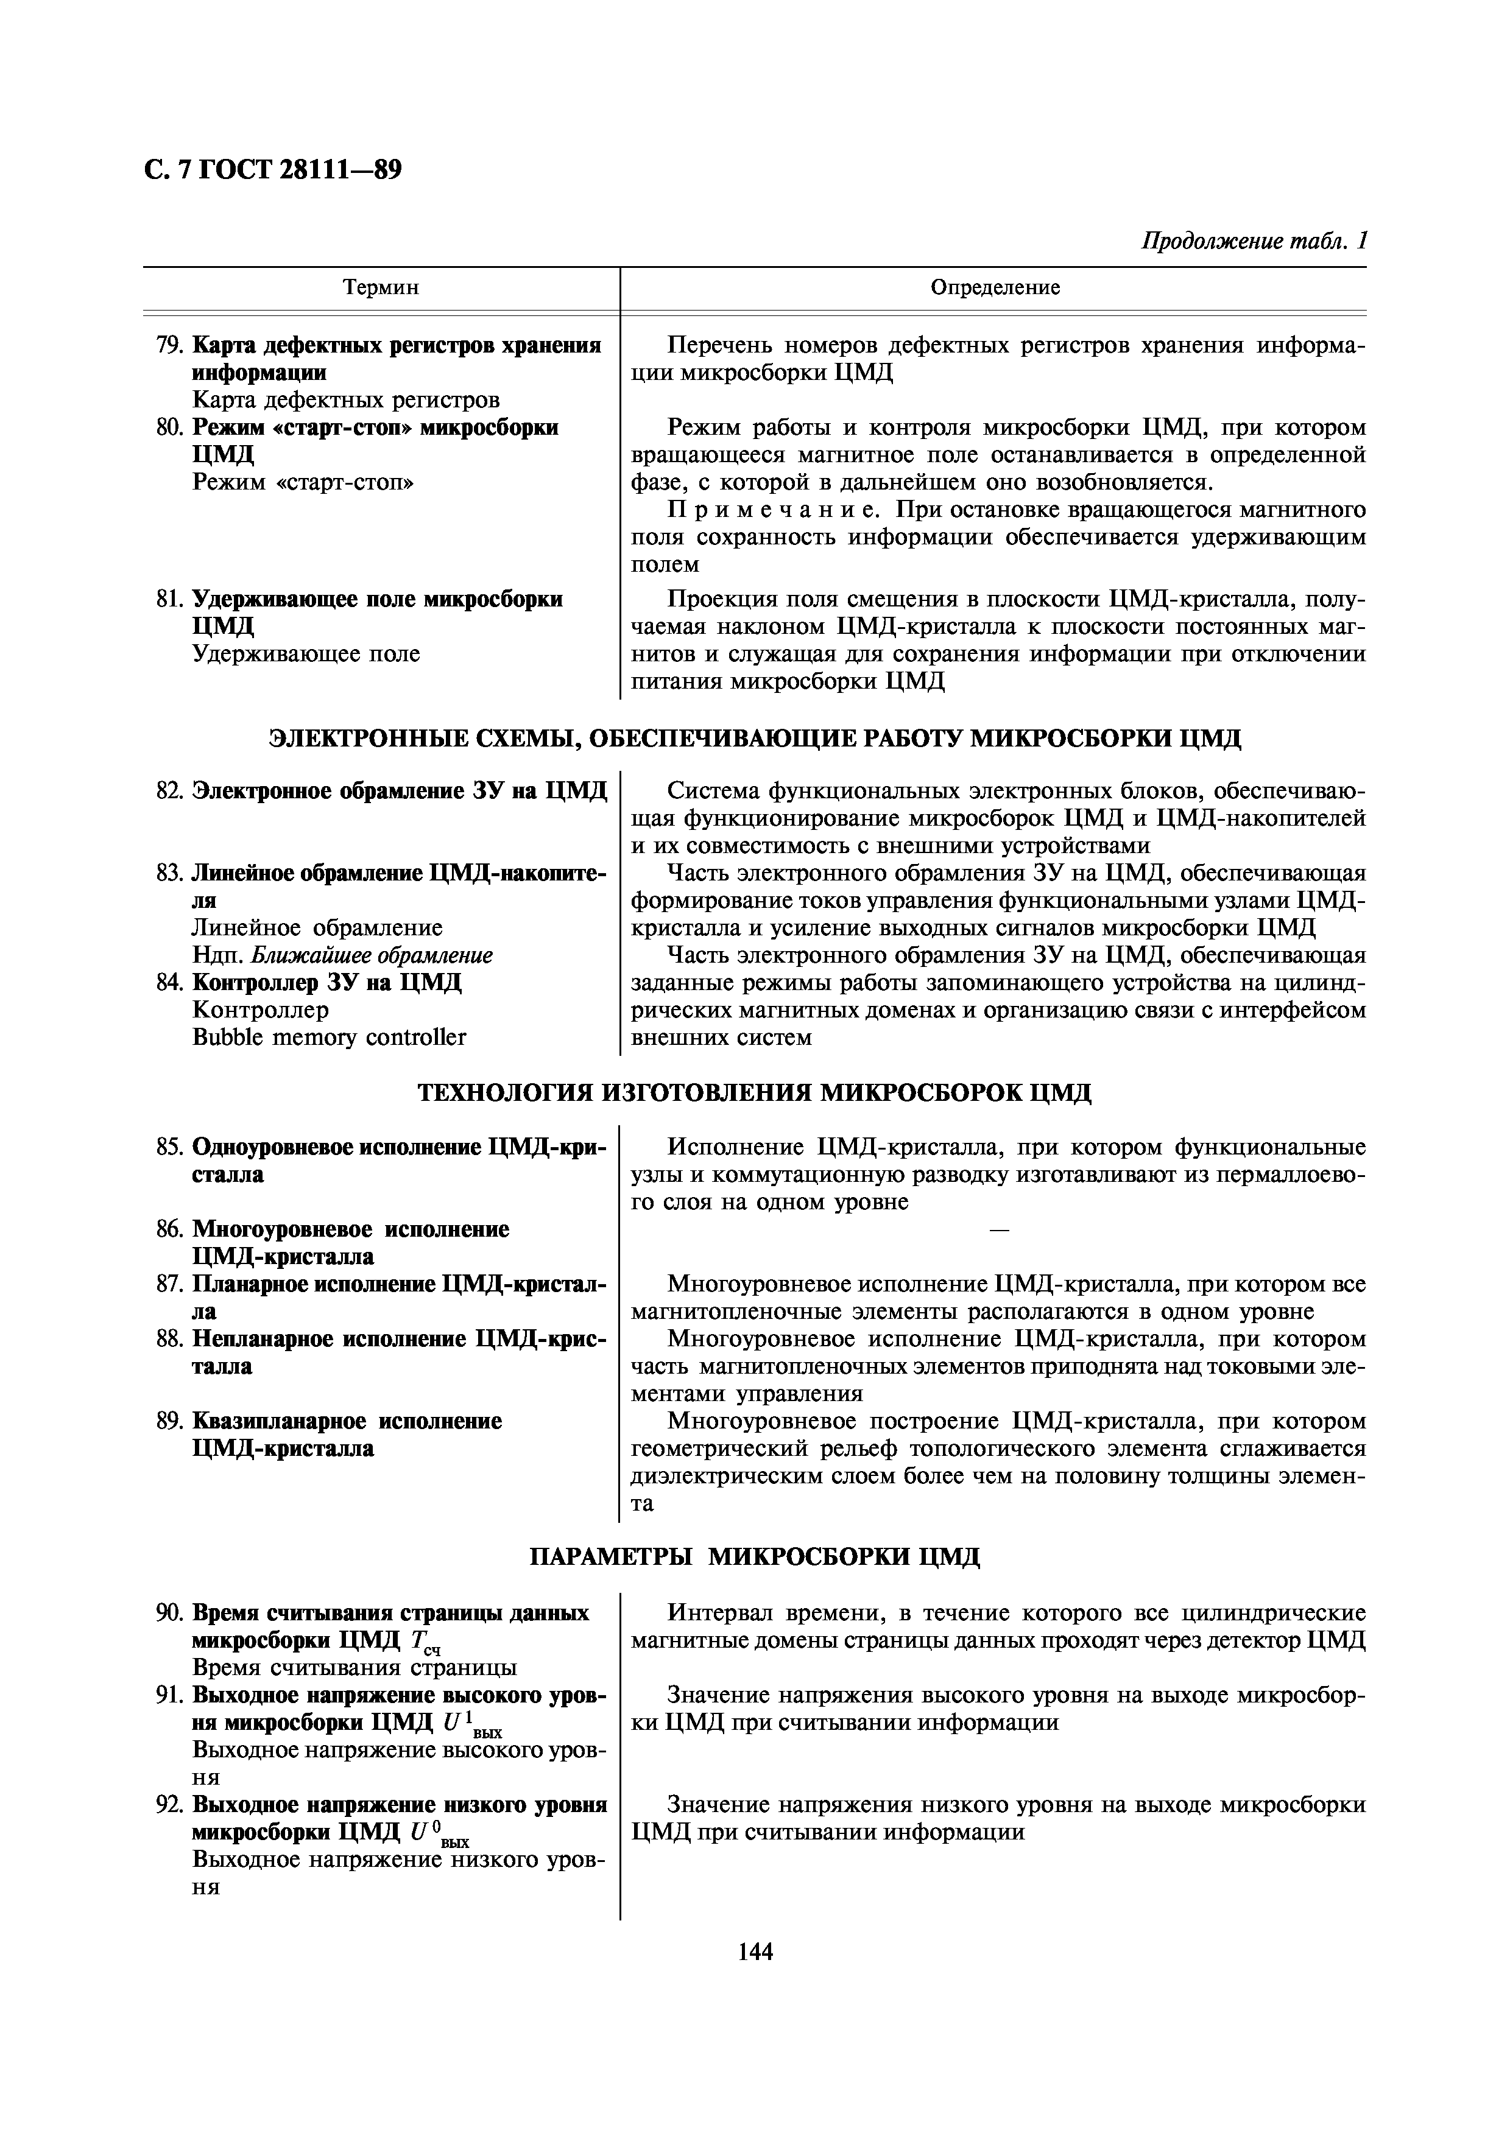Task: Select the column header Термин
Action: click(381, 287)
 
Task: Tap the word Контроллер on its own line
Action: click(261, 1010)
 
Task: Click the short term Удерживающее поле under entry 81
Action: click(306, 654)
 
